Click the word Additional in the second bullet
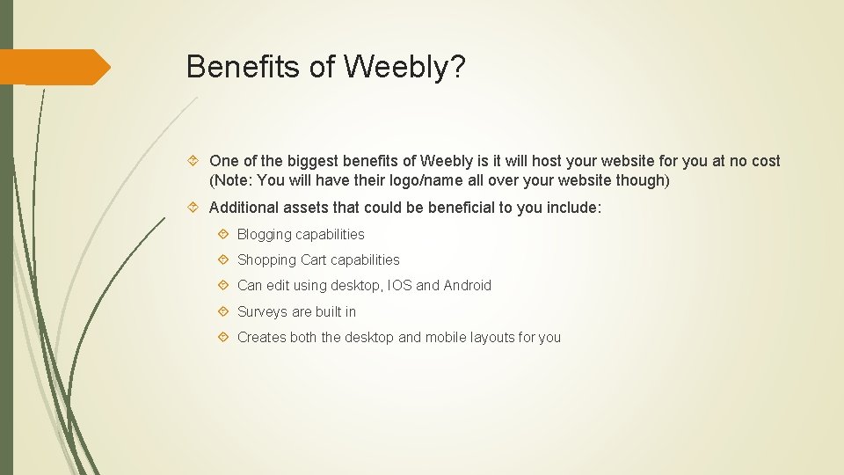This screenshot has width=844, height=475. pyautogui.click(x=244, y=208)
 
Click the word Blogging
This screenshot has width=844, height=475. pyautogui.click(x=265, y=234)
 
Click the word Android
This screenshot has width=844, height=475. pyautogui.click(x=468, y=285)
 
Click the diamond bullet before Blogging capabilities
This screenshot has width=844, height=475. pyautogui.click(x=225, y=234)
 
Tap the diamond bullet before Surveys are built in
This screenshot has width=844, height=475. pyautogui.click(x=225, y=311)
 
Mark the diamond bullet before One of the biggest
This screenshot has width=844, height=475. pyautogui.click(x=196, y=161)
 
